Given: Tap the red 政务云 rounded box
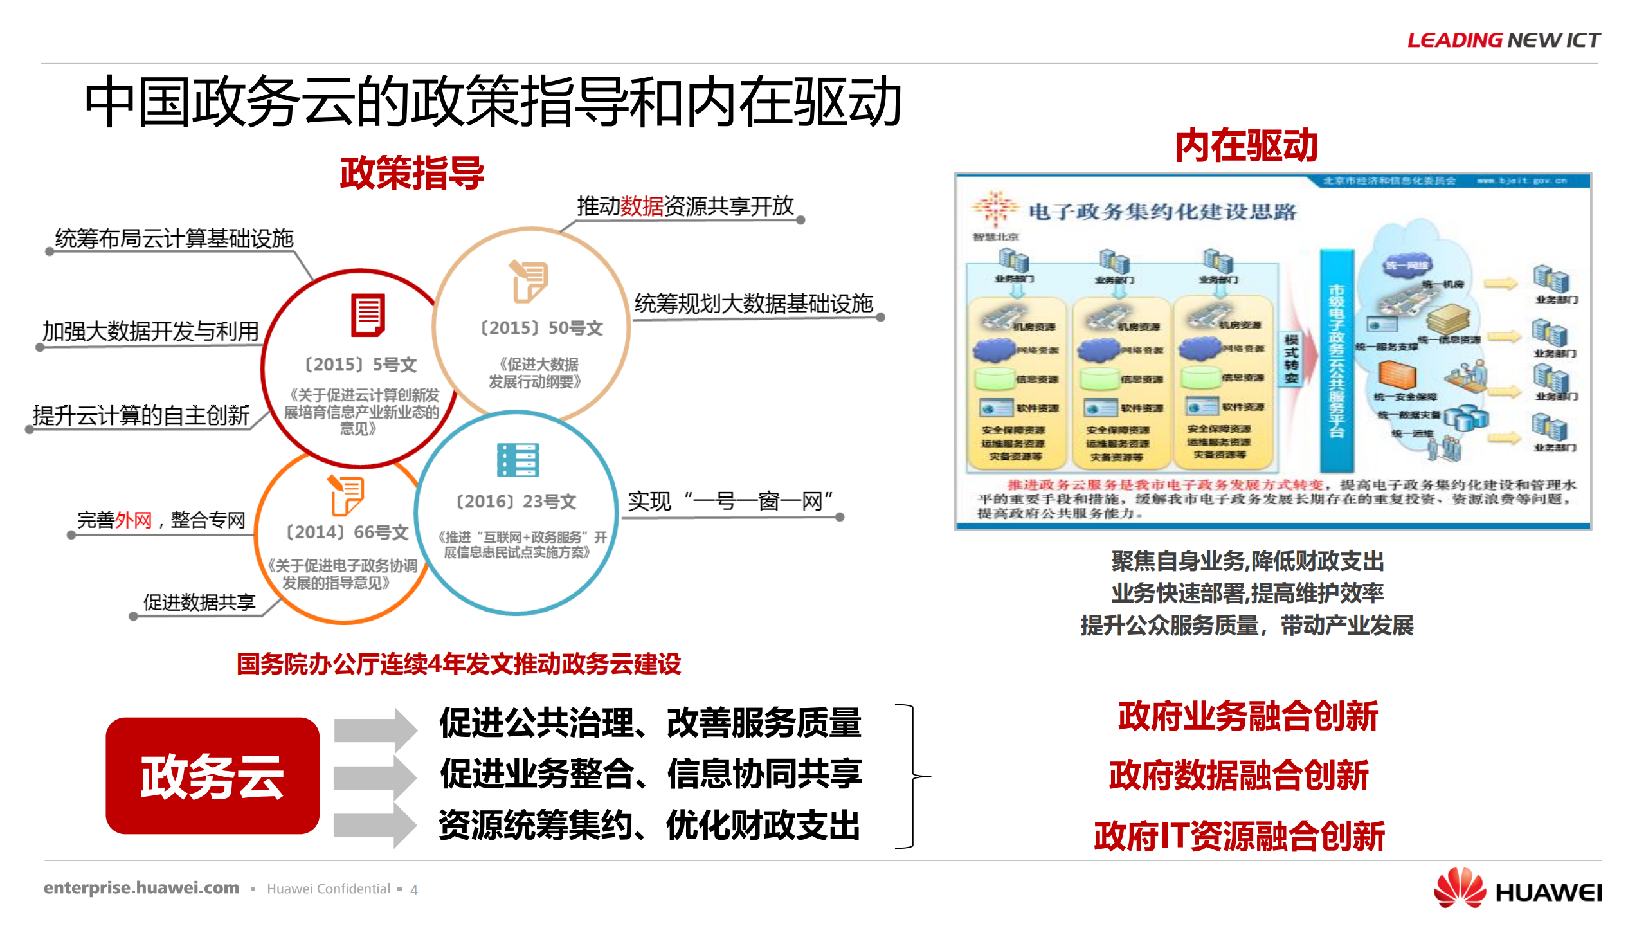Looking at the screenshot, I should pyautogui.click(x=212, y=776).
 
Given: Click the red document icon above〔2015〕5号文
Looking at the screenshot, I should pyautogui.click(x=368, y=315).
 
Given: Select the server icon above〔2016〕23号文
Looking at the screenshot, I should pyautogui.click(x=518, y=460).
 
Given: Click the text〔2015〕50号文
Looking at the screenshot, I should pyautogui.click(x=542, y=328).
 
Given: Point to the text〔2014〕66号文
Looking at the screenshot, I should pyautogui.click(x=347, y=532).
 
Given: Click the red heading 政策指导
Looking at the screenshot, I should pyautogui.click(x=411, y=173).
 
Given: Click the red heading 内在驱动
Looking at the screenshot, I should pyautogui.click(x=1246, y=145).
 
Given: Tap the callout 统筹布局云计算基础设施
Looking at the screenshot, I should pyautogui.click(x=174, y=239).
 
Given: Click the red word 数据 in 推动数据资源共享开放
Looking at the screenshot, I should pyautogui.click(x=642, y=206).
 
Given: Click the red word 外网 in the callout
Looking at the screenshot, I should pyautogui.click(x=133, y=520).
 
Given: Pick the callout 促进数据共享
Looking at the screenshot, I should pyautogui.click(x=199, y=603).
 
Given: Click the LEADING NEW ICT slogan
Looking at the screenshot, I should pyautogui.click(x=1503, y=40).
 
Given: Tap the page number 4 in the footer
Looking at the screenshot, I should pyautogui.click(x=414, y=890).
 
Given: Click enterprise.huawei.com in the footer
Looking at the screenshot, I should pyautogui.click(x=141, y=888).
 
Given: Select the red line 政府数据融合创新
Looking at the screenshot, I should pyautogui.click(x=1238, y=776).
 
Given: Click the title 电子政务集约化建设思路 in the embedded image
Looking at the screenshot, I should pyautogui.click(x=1162, y=212).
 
